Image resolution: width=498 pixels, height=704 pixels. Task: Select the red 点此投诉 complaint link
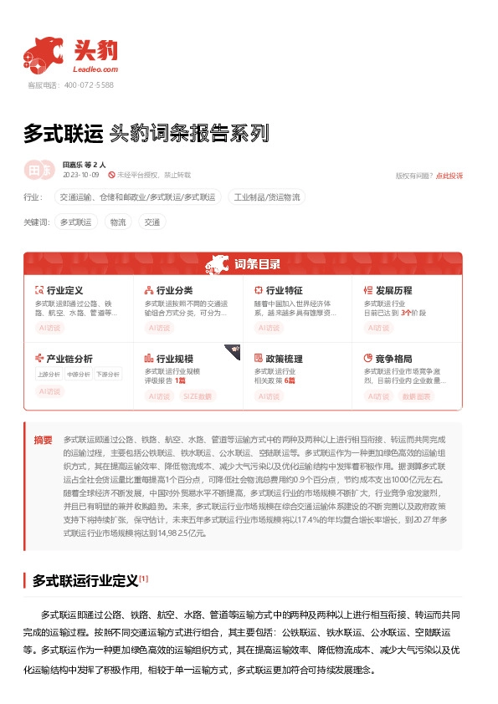tap(449, 176)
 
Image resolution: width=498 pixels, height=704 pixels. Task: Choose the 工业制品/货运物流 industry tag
tap(267, 197)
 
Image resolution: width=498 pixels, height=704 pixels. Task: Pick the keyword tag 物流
tap(117, 222)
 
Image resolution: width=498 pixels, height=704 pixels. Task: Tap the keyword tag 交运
tap(151, 222)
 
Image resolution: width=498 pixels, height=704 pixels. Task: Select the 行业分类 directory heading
tap(174, 290)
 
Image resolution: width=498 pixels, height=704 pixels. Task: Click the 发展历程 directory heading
tap(393, 290)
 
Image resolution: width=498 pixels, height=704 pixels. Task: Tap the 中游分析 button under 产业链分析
tap(78, 374)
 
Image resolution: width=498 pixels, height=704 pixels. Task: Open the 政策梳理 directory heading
tap(284, 359)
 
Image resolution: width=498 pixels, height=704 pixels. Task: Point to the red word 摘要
tap(43, 440)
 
